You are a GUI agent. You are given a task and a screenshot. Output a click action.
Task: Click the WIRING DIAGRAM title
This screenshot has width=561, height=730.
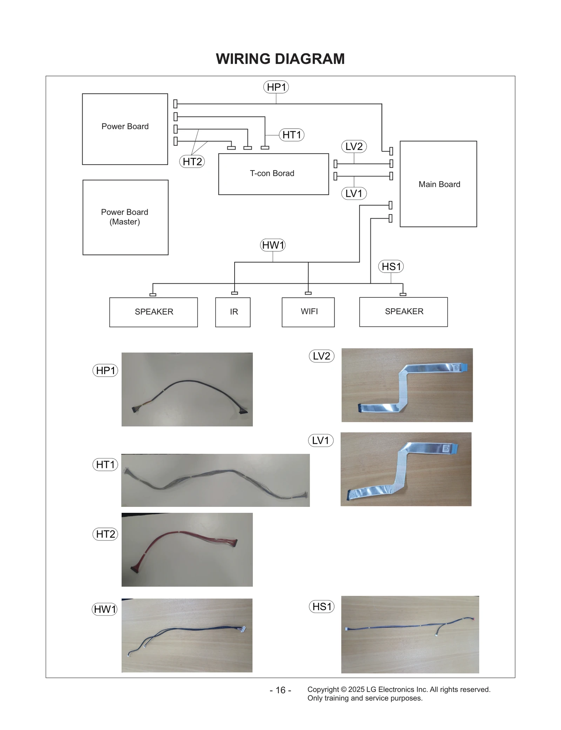tap(280, 59)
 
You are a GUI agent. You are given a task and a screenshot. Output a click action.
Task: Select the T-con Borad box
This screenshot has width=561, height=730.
tap(273, 174)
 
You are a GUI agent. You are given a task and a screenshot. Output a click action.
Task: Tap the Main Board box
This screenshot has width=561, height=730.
tap(438, 184)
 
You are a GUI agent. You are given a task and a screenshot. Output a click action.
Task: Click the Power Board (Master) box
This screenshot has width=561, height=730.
tap(125, 217)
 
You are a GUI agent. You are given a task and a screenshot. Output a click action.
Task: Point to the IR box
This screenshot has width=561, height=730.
tap(233, 312)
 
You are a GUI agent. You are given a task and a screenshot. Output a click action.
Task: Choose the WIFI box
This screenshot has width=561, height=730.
tap(308, 312)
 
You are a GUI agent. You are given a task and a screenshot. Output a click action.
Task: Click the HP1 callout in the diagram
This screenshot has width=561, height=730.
tap(276, 87)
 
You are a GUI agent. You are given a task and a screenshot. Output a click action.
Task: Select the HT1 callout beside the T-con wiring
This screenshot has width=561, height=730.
tap(291, 135)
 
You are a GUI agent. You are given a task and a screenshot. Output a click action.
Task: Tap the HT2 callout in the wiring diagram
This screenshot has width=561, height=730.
tap(192, 161)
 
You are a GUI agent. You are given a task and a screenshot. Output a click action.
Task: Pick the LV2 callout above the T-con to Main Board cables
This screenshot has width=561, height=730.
tap(354, 146)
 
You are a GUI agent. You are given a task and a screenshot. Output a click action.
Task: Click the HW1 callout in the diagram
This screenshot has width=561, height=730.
tap(273, 245)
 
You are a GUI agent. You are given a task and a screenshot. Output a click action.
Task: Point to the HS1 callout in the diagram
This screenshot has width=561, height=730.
tap(391, 267)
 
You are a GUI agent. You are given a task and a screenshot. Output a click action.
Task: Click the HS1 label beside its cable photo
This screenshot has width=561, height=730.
tap(322, 606)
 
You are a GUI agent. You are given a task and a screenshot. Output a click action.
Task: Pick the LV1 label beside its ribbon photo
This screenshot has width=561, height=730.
tap(320, 440)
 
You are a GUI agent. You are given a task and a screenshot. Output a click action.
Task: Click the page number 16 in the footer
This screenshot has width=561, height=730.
tap(280, 690)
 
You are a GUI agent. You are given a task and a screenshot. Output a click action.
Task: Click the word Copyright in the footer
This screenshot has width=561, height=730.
tap(323, 689)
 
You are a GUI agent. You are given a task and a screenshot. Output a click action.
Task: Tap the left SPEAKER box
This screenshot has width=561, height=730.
tap(154, 312)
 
